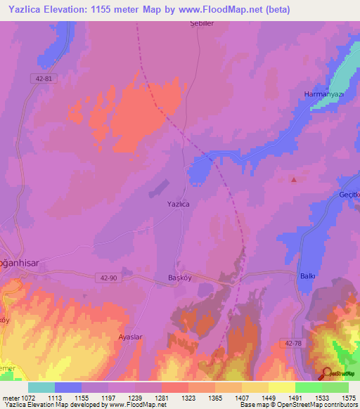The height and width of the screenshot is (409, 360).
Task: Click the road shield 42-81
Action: point(43,78)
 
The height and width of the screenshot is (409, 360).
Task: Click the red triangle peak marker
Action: point(294,179)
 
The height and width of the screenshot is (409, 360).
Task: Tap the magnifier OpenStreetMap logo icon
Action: point(327,374)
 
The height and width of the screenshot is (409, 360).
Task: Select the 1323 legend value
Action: point(189,397)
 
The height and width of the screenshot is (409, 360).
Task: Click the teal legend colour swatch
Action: point(41,387)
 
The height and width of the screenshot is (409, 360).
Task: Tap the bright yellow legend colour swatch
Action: point(282,387)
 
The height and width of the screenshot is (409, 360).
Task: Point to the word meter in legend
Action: point(11,397)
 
